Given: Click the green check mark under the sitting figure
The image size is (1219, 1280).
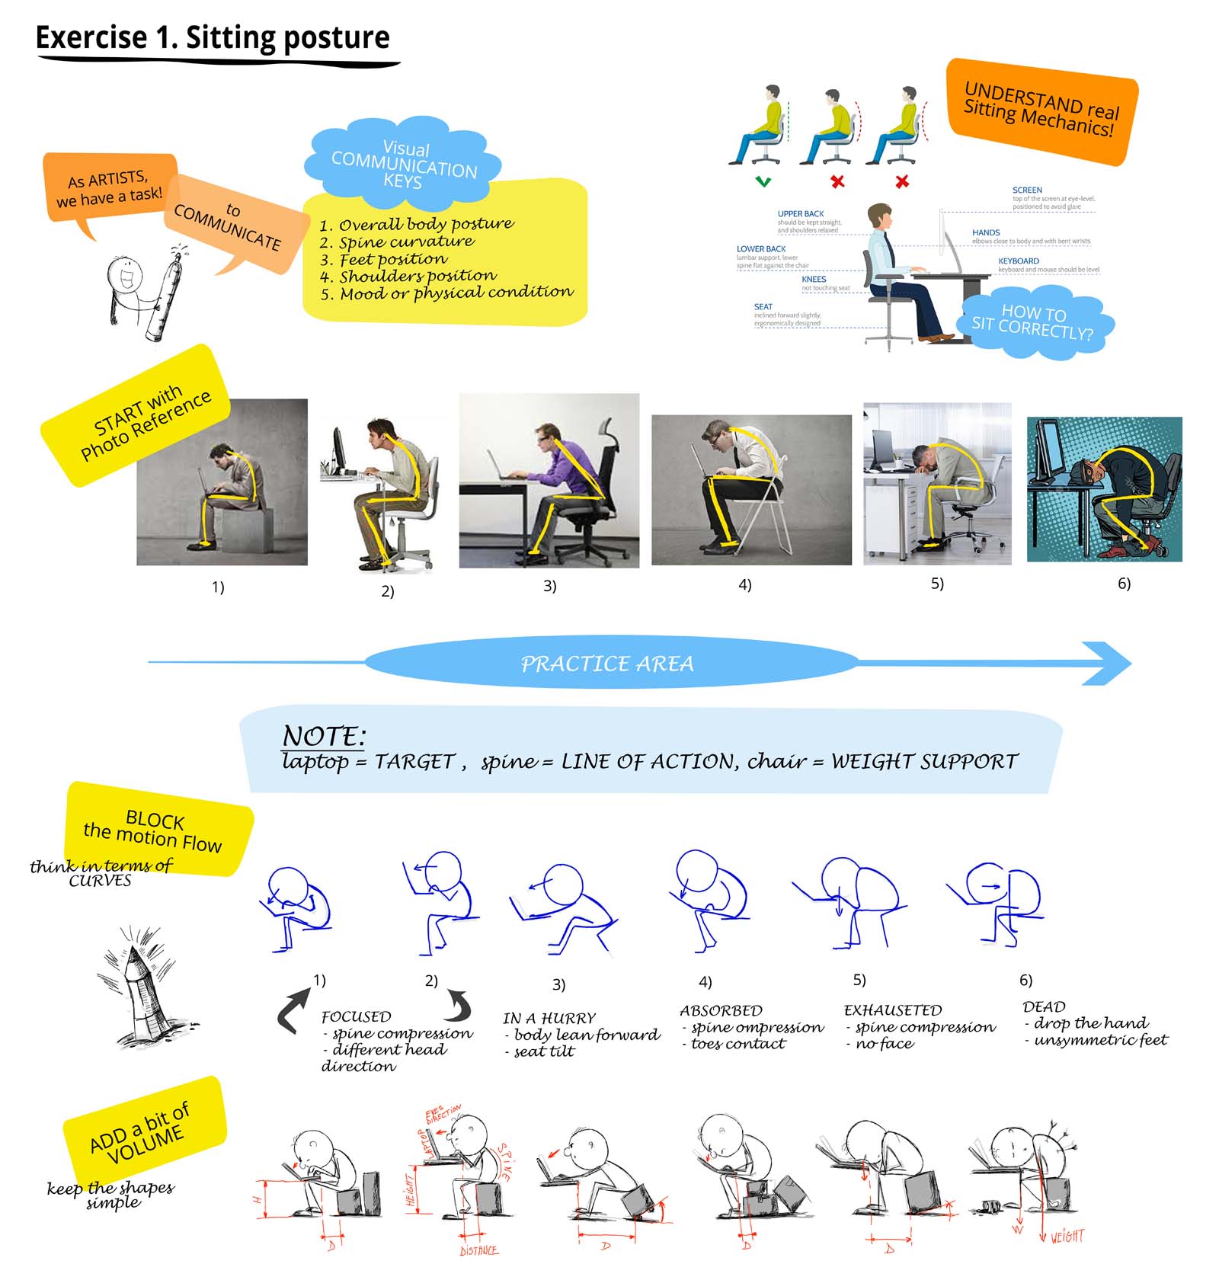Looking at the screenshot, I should point(763,181).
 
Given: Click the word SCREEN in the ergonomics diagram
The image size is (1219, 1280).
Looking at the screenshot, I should point(1026,190).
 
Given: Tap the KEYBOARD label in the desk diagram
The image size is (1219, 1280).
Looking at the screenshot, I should point(1018,261).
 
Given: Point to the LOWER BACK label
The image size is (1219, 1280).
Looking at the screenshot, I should point(760,248).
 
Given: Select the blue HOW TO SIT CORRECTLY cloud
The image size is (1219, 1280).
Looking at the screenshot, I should point(1033,322).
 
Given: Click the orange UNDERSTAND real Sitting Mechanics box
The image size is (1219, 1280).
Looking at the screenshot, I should point(1041,110).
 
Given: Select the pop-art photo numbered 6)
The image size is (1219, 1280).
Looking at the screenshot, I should point(1104,489).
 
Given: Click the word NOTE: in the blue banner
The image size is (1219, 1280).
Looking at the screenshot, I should point(324,735).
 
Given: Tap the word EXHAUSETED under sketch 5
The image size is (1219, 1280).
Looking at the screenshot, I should point(892,1010).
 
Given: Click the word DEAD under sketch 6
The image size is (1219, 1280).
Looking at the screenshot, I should point(1043,1006).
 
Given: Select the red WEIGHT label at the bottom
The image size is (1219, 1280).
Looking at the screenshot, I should point(1066,1237).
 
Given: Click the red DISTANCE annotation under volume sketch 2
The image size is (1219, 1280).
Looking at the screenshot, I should point(478,1250).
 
